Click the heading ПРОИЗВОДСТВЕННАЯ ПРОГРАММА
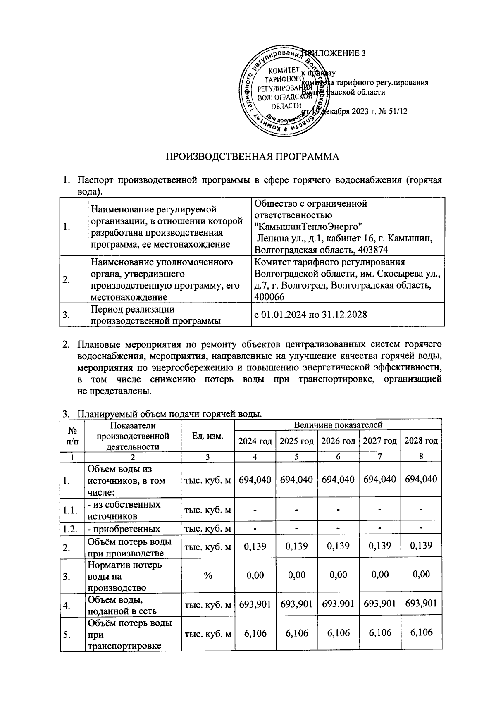point(252,157)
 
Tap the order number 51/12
point(396,111)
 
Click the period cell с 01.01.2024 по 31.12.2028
point(311,315)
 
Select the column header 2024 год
point(255,441)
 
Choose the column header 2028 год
point(421,441)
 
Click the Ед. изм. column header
point(208,436)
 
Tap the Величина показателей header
point(338,425)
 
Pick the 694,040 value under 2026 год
point(338,480)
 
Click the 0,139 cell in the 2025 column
point(296,546)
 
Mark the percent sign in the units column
point(208,575)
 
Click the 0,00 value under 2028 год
point(421,575)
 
